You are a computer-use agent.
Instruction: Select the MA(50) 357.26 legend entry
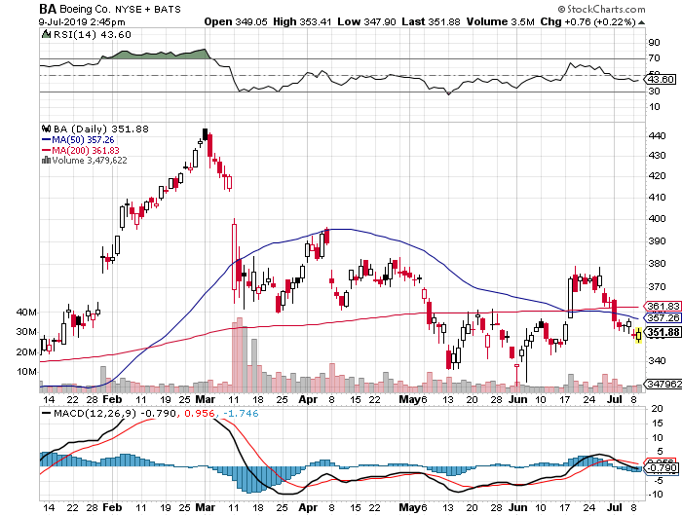(x=87, y=139)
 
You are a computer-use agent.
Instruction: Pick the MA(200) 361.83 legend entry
(x=90, y=150)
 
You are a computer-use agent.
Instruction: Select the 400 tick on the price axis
(x=655, y=218)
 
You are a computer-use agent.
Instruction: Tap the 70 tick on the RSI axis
(x=653, y=59)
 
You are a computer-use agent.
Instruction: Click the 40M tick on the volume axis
(x=28, y=313)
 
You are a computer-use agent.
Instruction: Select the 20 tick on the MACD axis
(x=654, y=409)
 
